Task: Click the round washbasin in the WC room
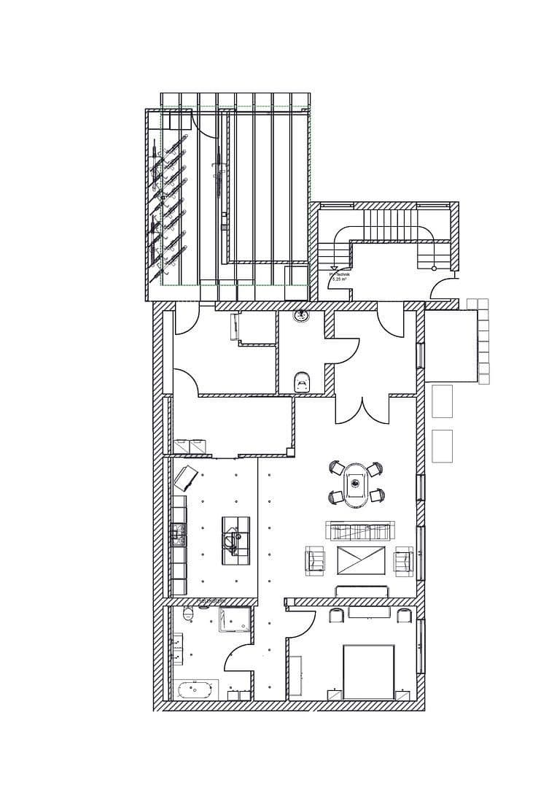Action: click(300, 316)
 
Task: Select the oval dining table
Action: click(356, 482)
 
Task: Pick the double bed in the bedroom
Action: click(368, 671)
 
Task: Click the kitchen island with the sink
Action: click(234, 538)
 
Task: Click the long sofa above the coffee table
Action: click(360, 530)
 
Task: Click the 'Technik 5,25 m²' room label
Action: click(340, 277)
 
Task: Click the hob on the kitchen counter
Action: click(178, 535)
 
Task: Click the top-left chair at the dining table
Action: click(336, 468)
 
